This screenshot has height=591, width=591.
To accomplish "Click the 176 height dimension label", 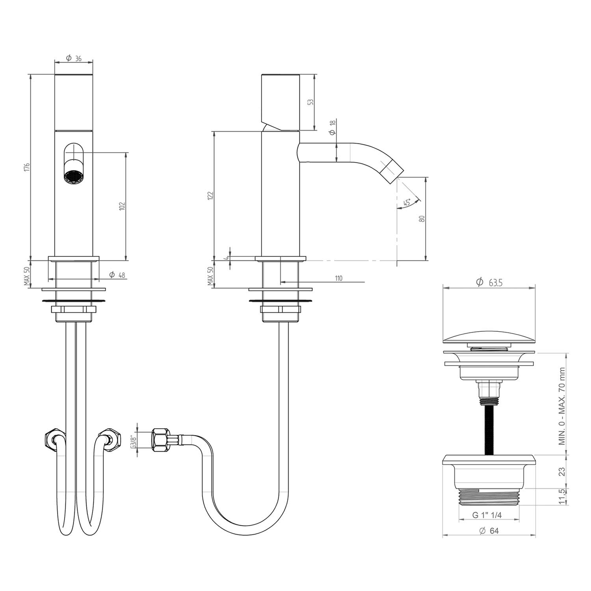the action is click(x=27, y=167).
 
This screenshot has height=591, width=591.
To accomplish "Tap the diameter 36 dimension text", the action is click(x=74, y=58).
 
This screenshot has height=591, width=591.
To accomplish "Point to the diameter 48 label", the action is click(x=117, y=275).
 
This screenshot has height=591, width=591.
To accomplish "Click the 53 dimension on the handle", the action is click(x=311, y=102).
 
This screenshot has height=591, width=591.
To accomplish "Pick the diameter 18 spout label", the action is click(x=333, y=128).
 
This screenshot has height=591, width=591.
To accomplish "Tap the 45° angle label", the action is click(x=407, y=203).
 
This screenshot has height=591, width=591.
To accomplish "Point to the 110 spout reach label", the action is click(x=338, y=278).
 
